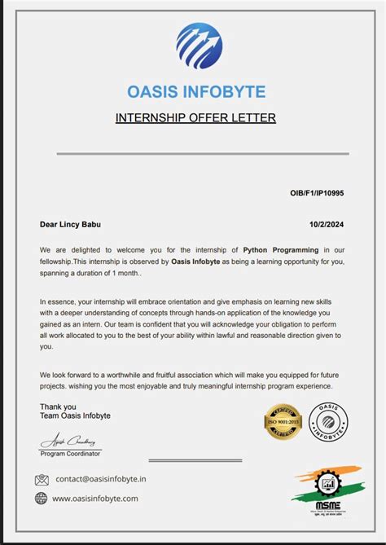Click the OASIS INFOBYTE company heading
coord(196,91)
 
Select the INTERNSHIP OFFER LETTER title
coord(195,118)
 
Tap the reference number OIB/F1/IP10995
coord(317,193)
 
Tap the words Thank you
coord(58,407)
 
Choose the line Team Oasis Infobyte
coord(75,415)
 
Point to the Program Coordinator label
coord(71,453)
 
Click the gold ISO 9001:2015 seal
coord(283,420)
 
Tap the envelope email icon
coord(42,480)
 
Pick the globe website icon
coord(42,498)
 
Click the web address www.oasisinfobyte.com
coord(95,498)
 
